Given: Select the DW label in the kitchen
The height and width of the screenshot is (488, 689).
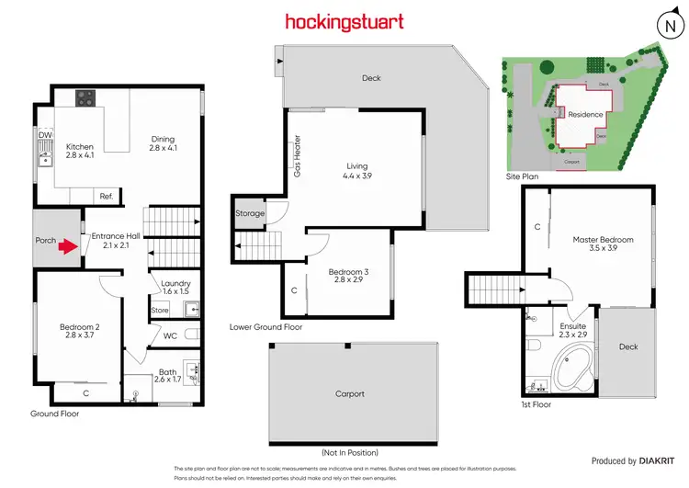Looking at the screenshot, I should click(44, 135).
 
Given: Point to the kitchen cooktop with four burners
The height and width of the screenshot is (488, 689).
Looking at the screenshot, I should click(87, 97).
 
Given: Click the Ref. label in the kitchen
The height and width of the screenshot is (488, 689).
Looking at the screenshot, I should click(107, 196).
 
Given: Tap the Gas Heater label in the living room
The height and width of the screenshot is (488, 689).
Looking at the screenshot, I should click(298, 156).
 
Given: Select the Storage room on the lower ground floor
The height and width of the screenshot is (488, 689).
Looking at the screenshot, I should click(250, 213).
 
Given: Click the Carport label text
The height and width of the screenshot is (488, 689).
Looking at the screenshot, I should click(350, 394).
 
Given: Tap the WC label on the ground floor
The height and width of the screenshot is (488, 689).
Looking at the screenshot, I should click(170, 335).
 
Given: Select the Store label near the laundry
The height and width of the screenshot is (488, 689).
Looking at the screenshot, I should click(160, 312).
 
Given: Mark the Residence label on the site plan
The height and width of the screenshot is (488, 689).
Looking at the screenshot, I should click(585, 115).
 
